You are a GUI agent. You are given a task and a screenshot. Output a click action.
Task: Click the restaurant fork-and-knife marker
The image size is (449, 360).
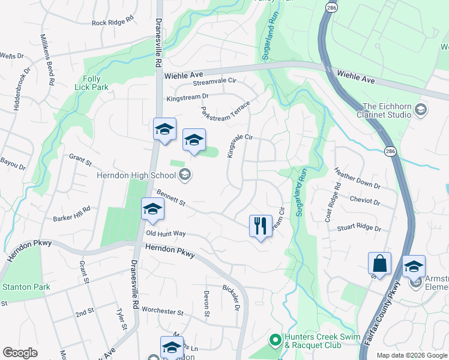click(261, 227)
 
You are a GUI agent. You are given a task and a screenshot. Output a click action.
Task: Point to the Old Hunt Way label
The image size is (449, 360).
click(166, 233)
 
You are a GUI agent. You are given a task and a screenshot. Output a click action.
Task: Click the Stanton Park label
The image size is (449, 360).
click(26, 287)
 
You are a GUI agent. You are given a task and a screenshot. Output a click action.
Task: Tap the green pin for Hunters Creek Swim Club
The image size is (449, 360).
click(275, 340)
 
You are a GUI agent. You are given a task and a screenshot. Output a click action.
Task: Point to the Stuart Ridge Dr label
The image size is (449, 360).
click(360, 227)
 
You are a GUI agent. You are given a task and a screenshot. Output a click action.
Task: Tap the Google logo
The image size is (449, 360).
click(20, 353)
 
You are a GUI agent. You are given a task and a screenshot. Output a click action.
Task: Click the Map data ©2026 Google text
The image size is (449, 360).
click(412, 355)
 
